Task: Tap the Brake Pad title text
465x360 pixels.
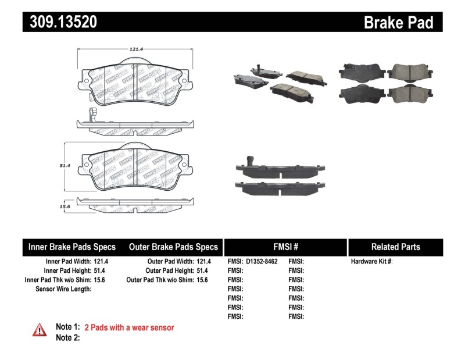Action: point(398,23)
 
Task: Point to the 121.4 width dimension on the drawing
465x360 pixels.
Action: point(136,49)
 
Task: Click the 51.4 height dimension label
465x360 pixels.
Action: point(65,166)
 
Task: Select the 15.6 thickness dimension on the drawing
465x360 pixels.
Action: point(65,206)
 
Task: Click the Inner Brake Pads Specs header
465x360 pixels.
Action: point(72,247)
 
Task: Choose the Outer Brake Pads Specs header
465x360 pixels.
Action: point(173,247)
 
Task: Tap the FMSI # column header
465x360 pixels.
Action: point(285,247)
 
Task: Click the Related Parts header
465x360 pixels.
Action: point(395,247)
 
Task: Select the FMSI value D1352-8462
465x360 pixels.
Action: point(262,262)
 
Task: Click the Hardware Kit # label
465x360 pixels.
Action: point(371,262)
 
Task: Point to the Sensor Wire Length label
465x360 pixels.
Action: point(63,289)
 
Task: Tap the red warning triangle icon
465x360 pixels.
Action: point(40,330)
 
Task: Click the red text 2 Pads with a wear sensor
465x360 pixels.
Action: point(129,327)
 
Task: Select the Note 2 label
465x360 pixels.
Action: point(67,337)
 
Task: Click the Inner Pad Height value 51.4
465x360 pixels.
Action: point(102,271)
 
